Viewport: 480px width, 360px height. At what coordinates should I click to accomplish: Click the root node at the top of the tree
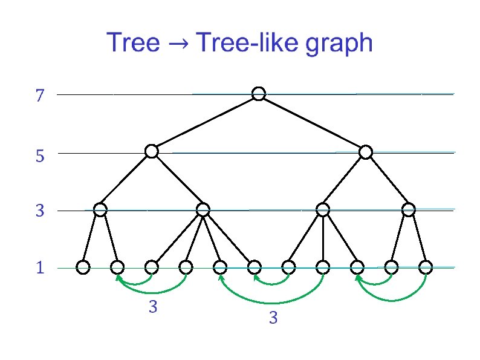coord(259,94)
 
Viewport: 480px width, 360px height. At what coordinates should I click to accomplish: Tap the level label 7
coord(40,96)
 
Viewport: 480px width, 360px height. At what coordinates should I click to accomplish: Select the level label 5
coord(40,157)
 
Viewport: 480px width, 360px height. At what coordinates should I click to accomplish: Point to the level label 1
coord(40,268)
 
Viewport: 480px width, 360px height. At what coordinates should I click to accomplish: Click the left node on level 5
coord(152,151)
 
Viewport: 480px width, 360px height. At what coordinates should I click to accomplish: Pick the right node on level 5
coord(365,152)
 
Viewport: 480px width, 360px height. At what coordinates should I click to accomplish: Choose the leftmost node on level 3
coord(100,210)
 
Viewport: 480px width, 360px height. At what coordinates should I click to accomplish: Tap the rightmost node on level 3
coord(409,210)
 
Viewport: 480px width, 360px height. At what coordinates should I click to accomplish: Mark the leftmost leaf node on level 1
coord(83,266)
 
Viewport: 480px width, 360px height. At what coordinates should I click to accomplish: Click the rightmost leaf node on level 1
coord(426,266)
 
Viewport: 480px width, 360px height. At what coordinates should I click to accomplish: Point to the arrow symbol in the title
coord(179,44)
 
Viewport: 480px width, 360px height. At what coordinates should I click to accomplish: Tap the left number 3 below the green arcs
coord(153,307)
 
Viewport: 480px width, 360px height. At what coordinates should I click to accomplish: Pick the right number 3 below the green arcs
coord(273,318)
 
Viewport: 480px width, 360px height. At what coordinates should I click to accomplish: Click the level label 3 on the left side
coord(40,212)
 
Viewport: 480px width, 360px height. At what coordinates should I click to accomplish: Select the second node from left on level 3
coord(203,210)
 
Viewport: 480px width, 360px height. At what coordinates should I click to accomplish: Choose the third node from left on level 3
coord(323,210)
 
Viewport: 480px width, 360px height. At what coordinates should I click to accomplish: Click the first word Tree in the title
coord(134,43)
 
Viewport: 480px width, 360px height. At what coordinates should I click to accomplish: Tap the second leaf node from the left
coord(117,266)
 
